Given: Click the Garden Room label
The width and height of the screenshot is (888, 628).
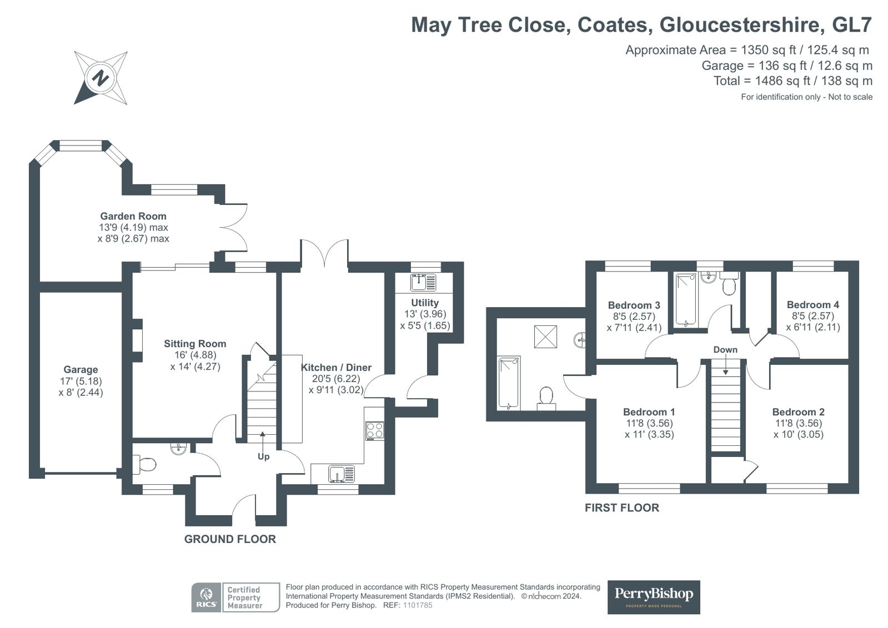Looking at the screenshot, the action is click(133, 216).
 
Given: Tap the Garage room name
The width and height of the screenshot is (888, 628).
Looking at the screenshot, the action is click(81, 369).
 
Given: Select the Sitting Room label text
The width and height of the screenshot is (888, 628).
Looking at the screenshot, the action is click(195, 344).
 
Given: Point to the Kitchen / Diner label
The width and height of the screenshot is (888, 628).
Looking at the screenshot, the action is click(336, 368).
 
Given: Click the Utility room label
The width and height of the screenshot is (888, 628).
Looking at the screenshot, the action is click(425, 303).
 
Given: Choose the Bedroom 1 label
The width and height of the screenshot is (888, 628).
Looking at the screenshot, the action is click(649, 412).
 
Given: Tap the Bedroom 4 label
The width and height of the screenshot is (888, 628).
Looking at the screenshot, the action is click(813, 305).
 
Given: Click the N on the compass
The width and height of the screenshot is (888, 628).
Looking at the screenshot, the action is click(101, 78).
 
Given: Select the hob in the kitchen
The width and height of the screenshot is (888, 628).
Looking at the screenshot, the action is click(375, 430).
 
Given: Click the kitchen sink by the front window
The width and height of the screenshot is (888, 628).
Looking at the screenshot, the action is click(342, 474).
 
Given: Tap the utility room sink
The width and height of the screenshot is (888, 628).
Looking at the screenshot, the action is click(423, 283).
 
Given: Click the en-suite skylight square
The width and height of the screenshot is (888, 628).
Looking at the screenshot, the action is click(545, 336).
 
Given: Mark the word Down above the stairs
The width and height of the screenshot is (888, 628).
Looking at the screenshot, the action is click(725, 350).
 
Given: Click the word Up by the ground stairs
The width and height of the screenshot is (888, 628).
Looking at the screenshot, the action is click(264, 456).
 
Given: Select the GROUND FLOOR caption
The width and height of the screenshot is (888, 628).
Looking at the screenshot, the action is click(230, 539).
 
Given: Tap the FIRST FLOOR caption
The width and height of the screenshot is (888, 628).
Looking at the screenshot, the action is click(622, 508).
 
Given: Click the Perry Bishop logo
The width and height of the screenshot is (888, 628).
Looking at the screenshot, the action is click(654, 597).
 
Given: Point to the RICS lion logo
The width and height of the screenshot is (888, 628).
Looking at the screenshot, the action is click(206, 597).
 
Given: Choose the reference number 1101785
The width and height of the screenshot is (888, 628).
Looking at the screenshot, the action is click(418, 605).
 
